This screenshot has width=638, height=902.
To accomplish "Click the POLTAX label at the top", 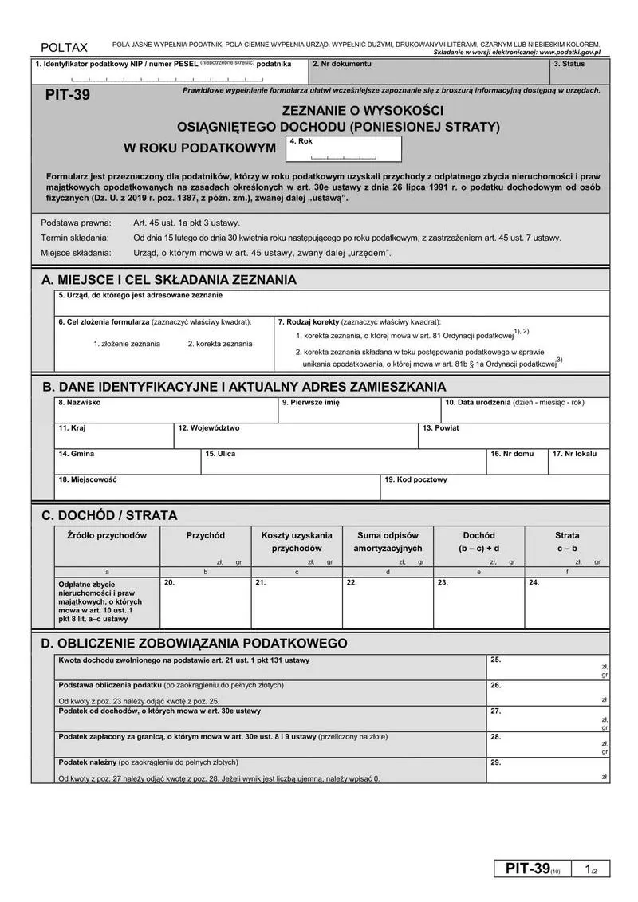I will (65, 48).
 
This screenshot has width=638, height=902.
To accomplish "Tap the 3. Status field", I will (581, 72).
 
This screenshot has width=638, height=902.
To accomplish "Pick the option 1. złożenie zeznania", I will (127, 344).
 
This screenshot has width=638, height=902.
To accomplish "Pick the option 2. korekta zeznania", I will (220, 344).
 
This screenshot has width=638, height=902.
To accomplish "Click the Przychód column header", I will (206, 535).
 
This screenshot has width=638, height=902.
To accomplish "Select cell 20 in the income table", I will (206, 603).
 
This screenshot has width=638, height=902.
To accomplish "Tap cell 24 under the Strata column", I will (567, 603).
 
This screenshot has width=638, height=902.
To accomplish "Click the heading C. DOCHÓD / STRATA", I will (109, 515).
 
